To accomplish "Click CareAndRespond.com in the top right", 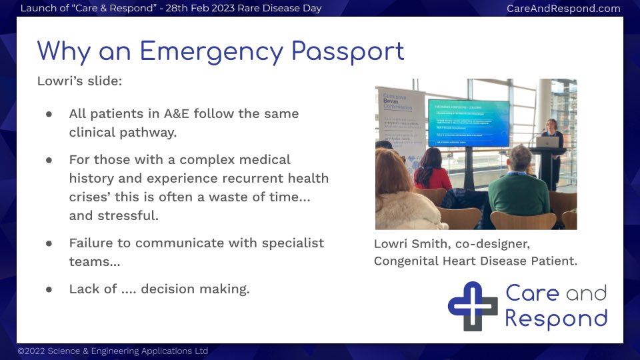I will click(563, 9).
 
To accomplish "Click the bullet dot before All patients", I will click(49, 114).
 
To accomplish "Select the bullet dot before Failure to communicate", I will click(49, 243).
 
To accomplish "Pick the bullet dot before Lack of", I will click(49, 289).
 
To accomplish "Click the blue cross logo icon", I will click(472, 306).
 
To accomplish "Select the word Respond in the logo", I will click(556, 318).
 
